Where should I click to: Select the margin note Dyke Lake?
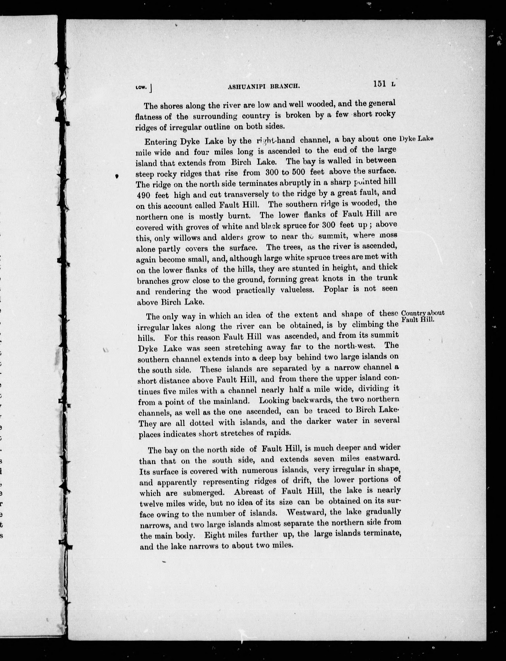[416, 139]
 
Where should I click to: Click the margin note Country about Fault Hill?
[423, 316]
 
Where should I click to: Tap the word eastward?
[382, 459]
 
